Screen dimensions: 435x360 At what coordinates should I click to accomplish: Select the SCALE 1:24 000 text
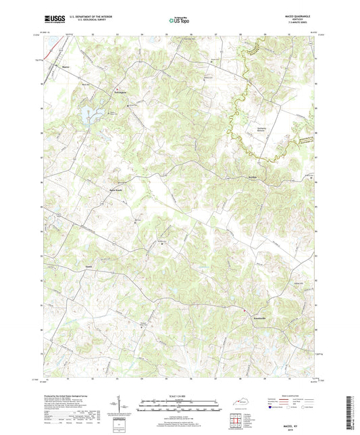pyautogui.click(x=179, y=395)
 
